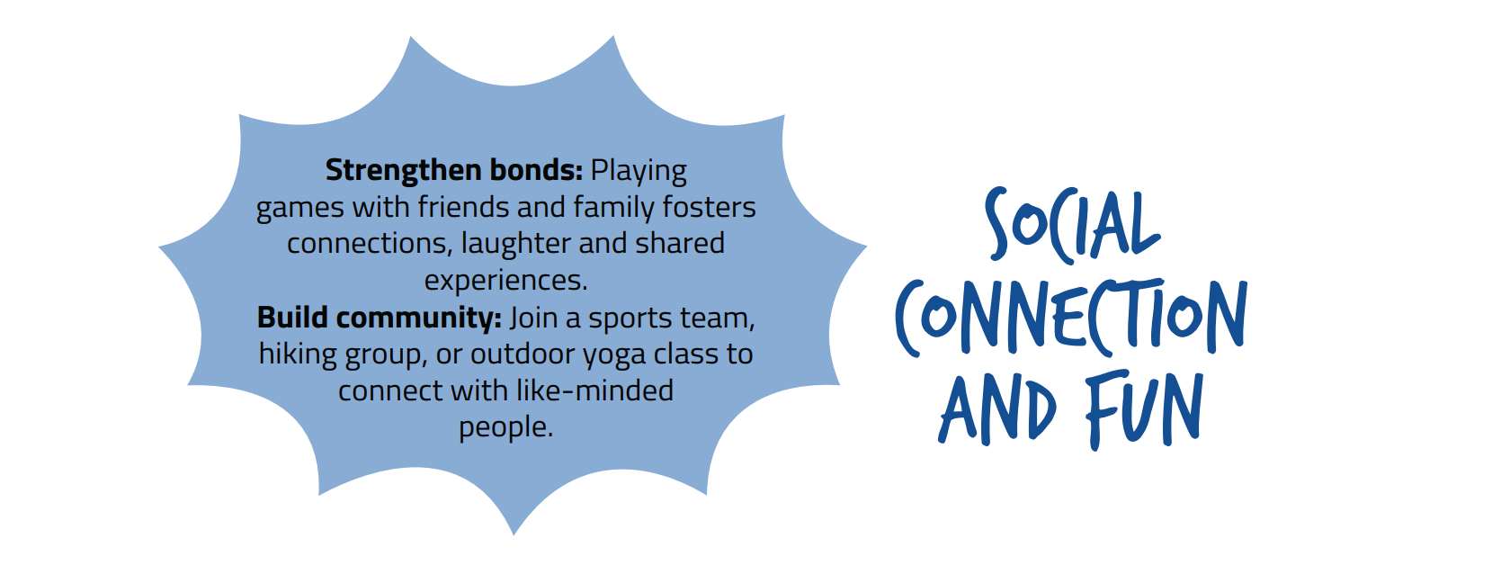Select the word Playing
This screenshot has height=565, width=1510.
click(x=639, y=172)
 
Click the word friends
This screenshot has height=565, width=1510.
click(x=463, y=206)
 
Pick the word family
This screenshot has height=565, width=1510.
click(x=613, y=208)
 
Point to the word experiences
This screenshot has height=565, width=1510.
click(x=505, y=282)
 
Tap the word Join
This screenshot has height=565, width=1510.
click(x=533, y=318)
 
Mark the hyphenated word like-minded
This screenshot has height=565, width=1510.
click(x=594, y=390)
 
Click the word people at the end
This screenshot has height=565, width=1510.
click(x=505, y=428)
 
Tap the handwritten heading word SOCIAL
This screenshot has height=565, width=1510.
click(x=1071, y=226)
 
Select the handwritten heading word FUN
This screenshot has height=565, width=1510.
click(x=1144, y=409)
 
